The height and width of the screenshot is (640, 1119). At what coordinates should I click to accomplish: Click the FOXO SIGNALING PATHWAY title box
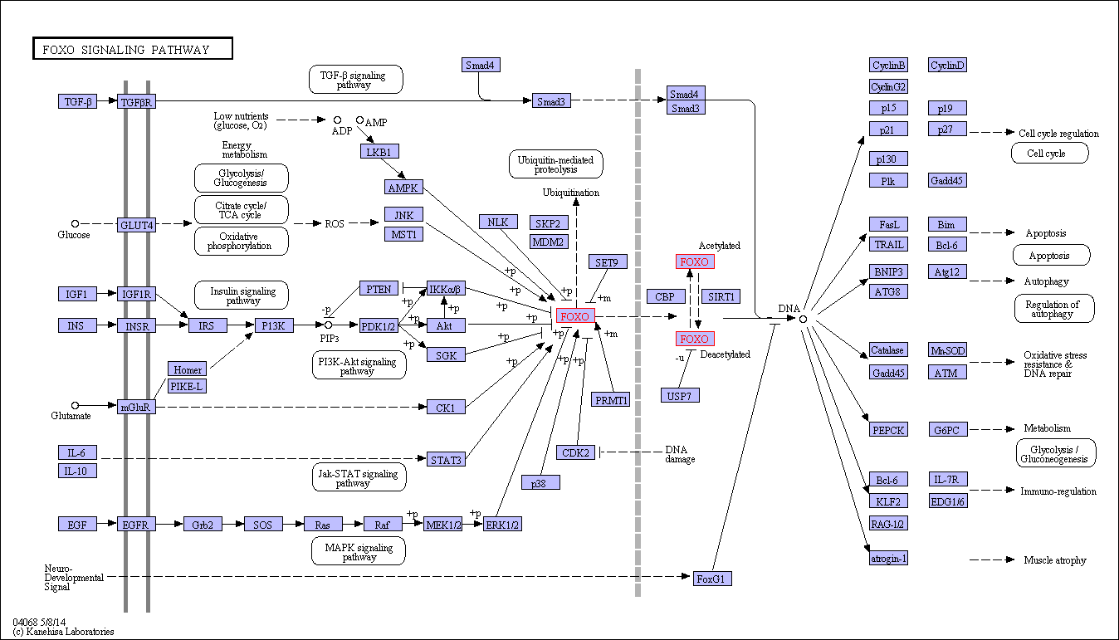click(x=132, y=49)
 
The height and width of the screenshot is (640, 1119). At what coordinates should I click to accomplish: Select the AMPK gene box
click(x=403, y=188)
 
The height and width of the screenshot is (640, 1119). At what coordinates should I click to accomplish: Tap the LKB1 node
click(x=380, y=151)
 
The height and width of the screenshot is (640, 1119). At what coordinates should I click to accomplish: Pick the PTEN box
click(x=379, y=289)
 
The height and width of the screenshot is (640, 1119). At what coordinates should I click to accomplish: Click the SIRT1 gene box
click(x=721, y=296)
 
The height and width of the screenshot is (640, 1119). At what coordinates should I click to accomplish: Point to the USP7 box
click(x=680, y=395)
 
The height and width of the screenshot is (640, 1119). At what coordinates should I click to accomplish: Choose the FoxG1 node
click(x=712, y=578)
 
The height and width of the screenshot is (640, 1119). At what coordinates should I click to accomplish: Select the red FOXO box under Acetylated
click(x=695, y=262)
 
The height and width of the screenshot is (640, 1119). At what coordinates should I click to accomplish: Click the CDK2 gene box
click(x=576, y=452)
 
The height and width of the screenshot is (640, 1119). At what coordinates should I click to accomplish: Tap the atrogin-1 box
click(x=888, y=559)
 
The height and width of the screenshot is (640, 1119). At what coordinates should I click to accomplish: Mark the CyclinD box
click(x=947, y=66)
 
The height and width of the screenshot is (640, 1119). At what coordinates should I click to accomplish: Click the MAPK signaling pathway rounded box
click(x=359, y=551)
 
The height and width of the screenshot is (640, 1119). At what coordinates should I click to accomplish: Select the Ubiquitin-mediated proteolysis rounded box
click(x=555, y=164)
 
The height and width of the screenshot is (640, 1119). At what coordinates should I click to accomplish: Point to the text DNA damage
click(x=680, y=454)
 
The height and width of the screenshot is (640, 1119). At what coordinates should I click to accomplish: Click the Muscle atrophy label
click(x=1054, y=560)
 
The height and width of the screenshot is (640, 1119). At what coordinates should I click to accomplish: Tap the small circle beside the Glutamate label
click(x=76, y=406)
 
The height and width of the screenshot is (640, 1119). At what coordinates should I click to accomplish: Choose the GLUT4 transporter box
click(x=137, y=225)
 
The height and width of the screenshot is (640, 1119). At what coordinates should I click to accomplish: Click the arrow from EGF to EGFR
click(x=107, y=525)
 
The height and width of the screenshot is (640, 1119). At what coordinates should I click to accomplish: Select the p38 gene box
click(x=540, y=482)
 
